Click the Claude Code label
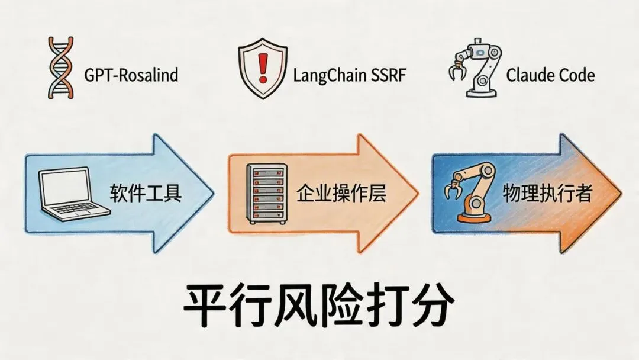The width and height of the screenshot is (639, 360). coord(550,75)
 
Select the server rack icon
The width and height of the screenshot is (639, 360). coord(264,193)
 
